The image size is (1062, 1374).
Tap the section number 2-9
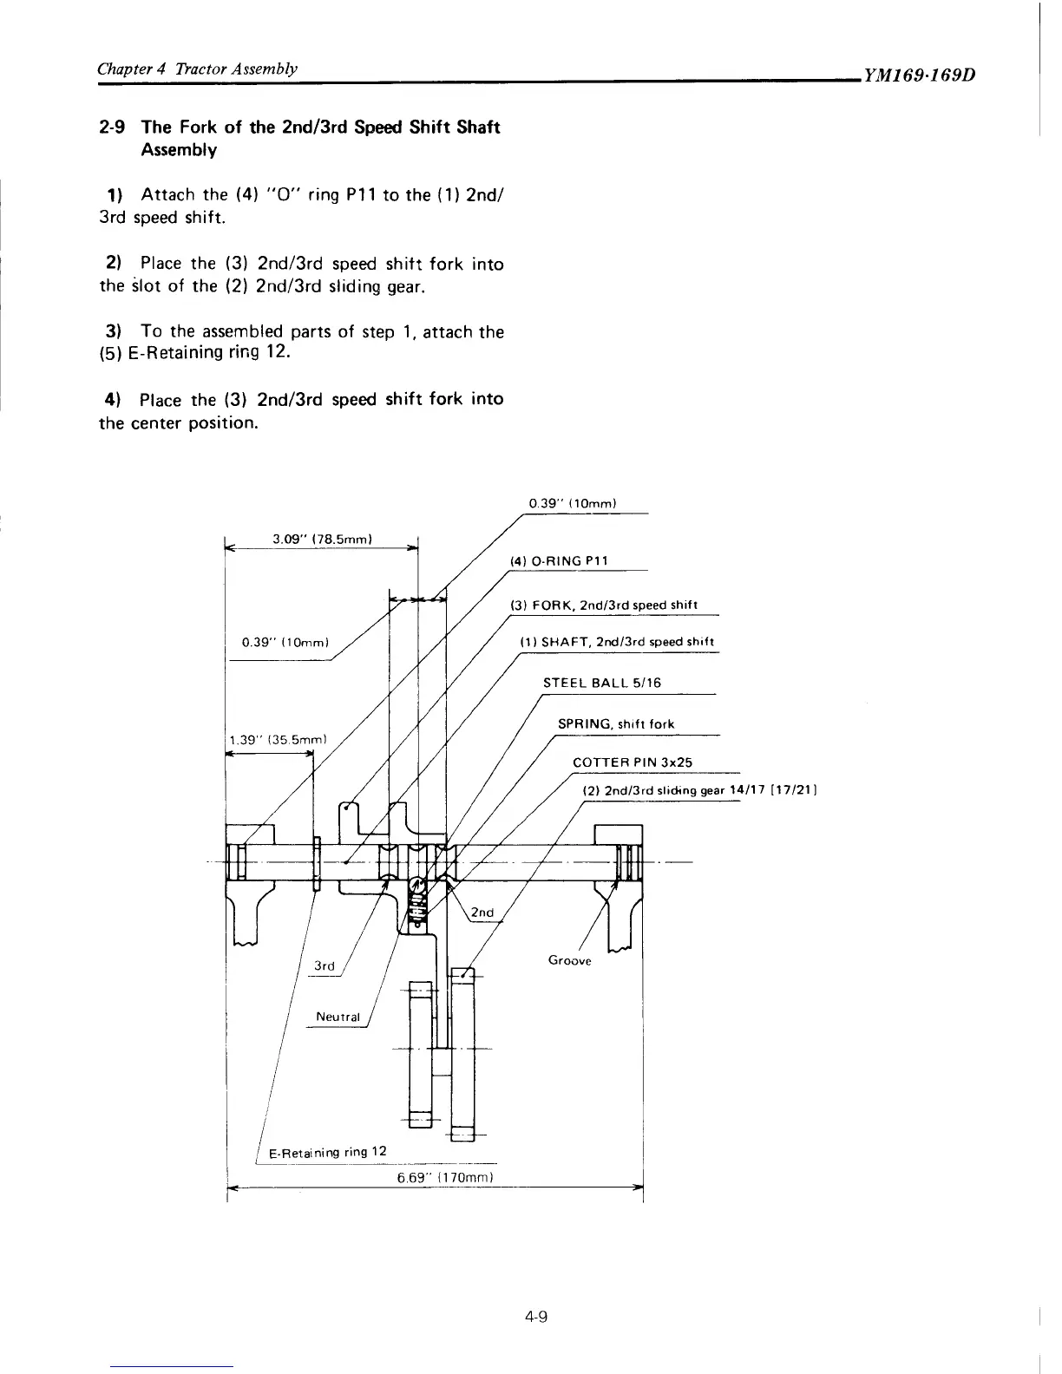[x=114, y=128]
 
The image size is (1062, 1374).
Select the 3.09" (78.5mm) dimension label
[x=322, y=539]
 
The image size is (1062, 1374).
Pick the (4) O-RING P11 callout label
[x=560, y=560]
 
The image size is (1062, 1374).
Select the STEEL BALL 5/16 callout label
[x=601, y=683]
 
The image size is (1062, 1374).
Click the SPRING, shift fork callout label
[x=615, y=723]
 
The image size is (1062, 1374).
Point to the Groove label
[x=569, y=960]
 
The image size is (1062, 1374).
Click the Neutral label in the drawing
[x=338, y=1017]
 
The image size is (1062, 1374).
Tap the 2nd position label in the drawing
[x=482, y=913]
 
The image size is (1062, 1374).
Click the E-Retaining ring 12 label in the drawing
[x=327, y=1152]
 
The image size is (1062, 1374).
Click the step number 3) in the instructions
[x=111, y=331]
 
